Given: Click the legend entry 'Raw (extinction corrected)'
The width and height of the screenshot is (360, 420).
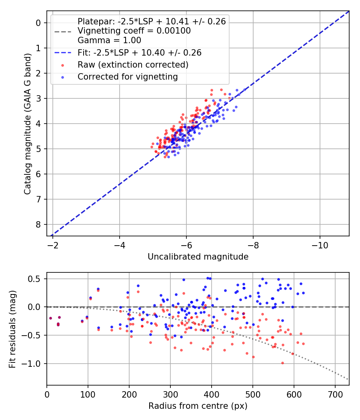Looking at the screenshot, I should click(133, 64).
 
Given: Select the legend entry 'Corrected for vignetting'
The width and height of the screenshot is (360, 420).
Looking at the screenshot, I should click(128, 76).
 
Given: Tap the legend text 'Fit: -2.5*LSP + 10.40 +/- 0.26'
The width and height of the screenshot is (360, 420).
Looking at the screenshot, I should click(139, 52).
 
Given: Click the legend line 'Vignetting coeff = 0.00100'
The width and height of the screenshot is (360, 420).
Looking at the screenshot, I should click(134, 31).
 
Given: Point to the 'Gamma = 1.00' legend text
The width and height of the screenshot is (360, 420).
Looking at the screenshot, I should click(109, 40).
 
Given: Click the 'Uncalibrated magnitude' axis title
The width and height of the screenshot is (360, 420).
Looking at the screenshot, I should click(198, 257).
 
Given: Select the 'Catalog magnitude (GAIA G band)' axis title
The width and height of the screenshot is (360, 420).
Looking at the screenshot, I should click(27, 124).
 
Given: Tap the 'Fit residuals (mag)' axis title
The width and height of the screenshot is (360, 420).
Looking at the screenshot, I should click(13, 329).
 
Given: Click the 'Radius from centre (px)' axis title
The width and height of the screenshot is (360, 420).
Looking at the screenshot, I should click(198, 406).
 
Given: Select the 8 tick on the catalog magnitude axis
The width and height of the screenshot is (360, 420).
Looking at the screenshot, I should click(38, 224).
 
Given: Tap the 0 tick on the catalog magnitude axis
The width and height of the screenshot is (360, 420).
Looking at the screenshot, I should click(38, 23).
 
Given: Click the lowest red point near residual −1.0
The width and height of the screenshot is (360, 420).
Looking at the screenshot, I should click(282, 363).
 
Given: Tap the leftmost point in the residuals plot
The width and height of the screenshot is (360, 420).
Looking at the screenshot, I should click(50, 318).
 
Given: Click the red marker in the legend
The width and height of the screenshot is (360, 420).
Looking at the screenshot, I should click(62, 65).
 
